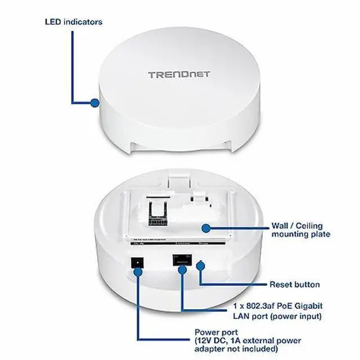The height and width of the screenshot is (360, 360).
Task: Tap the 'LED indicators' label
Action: click(73, 22)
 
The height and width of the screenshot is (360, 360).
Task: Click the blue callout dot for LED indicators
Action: click(94, 103)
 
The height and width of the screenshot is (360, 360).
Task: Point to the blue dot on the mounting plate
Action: click(206, 228)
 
